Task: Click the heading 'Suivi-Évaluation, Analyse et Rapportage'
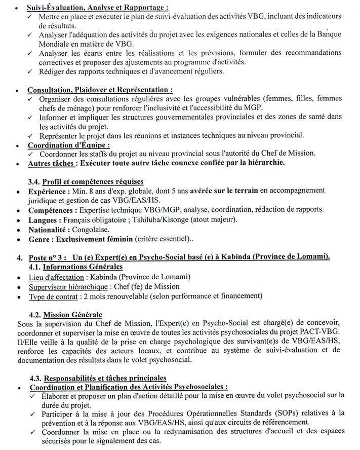click(x=97, y=8)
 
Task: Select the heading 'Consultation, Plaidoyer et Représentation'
click(x=96, y=90)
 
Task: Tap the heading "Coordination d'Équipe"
click(x=69, y=145)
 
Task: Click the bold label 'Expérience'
click(x=48, y=191)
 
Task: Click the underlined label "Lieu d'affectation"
click(x=56, y=277)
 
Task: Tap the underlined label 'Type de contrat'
click(x=54, y=296)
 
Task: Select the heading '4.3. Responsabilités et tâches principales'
click(x=104, y=378)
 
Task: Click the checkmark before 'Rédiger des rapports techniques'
click(x=31, y=71)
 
